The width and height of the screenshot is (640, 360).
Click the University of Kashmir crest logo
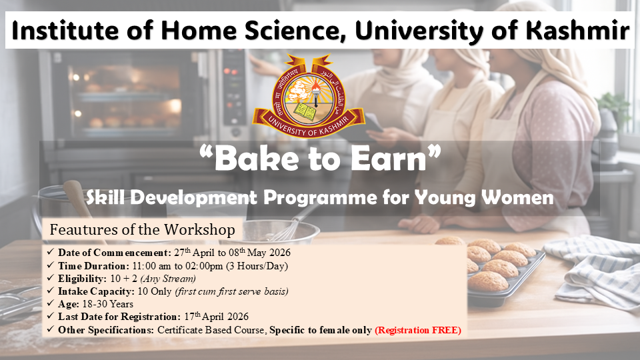coord(308,96)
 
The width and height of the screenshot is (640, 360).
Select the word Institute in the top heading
coord(67,30)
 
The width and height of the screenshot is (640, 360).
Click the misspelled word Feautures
coord(84,230)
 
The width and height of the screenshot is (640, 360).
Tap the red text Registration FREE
coord(418,330)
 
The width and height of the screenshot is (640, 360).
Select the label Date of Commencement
coord(115,253)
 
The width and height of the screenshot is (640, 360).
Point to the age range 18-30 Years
coord(108,304)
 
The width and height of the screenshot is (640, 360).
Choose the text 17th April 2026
coord(216,316)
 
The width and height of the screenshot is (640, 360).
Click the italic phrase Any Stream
coord(168,279)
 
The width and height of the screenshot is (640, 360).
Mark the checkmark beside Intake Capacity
coord(50,291)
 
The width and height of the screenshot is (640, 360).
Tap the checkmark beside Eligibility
coord(50,279)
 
